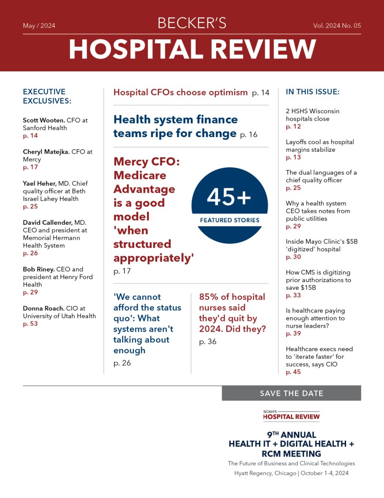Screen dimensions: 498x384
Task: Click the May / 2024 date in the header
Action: point(39,26)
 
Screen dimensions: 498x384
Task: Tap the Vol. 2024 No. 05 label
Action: point(337,26)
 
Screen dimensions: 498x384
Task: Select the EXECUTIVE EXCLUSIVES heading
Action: point(47,96)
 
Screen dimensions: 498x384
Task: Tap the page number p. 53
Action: point(30,324)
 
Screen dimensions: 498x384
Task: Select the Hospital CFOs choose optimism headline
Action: point(180,92)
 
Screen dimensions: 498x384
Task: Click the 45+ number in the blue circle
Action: point(229,197)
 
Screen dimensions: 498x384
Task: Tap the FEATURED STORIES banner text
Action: point(230,220)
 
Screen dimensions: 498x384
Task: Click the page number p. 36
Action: point(208,342)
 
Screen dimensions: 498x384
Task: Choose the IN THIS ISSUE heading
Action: point(312,92)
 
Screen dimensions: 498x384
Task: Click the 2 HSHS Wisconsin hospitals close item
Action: point(312,115)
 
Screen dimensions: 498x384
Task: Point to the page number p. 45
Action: point(293,372)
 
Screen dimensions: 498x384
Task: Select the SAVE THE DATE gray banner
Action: point(291,393)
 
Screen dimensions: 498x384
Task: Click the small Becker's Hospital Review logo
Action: point(291,415)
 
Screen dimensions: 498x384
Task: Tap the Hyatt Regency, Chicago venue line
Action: point(291,473)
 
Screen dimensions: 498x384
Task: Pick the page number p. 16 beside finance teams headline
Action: point(249,135)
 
